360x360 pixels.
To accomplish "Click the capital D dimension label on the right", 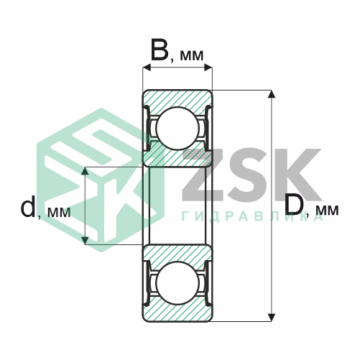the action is tap(294, 206).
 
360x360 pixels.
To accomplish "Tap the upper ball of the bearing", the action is tap(177, 129).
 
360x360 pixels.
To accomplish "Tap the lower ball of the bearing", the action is tap(177, 283).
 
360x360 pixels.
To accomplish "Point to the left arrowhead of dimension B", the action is tap(147, 68).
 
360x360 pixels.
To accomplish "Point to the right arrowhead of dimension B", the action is tap(208, 68).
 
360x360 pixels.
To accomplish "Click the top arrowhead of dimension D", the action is tap(271, 94).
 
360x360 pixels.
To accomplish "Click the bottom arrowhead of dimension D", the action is tap(271, 318).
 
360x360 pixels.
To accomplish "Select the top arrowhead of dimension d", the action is tap(85, 170).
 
